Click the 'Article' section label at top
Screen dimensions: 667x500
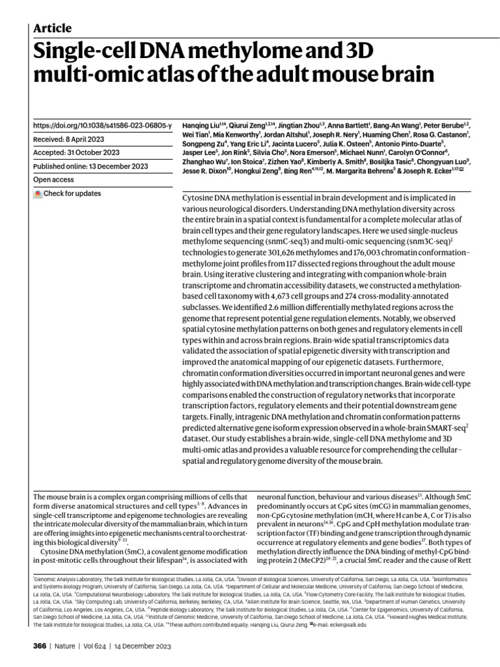(x=52, y=28)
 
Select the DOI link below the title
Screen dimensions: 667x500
(x=102, y=124)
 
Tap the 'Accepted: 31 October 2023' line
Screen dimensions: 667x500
(x=76, y=152)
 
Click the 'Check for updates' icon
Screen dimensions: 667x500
(x=38, y=193)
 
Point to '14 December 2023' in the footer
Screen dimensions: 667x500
(x=144, y=646)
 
